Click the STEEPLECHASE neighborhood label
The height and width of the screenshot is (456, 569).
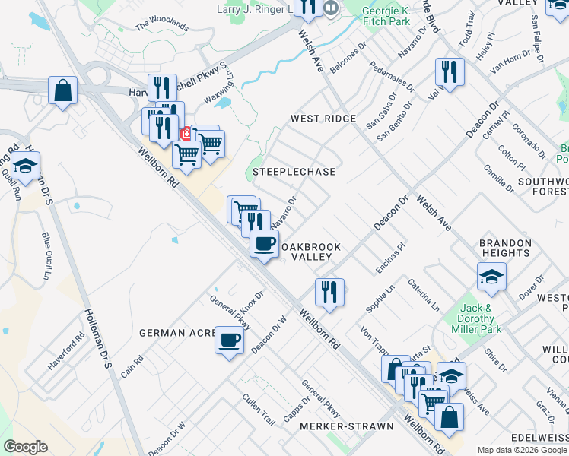click(294, 172)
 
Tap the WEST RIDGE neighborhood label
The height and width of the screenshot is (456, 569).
click(323, 119)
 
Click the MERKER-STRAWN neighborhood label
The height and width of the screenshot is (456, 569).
click(348, 426)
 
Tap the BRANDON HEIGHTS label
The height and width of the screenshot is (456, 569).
click(505, 248)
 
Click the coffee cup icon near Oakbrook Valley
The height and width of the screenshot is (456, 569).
click(264, 243)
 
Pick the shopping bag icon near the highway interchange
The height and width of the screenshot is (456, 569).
click(62, 90)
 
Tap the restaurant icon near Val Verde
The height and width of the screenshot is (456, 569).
click(449, 72)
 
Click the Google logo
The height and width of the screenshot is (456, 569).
click(25, 447)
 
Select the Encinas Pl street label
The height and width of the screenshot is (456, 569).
click(391, 258)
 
